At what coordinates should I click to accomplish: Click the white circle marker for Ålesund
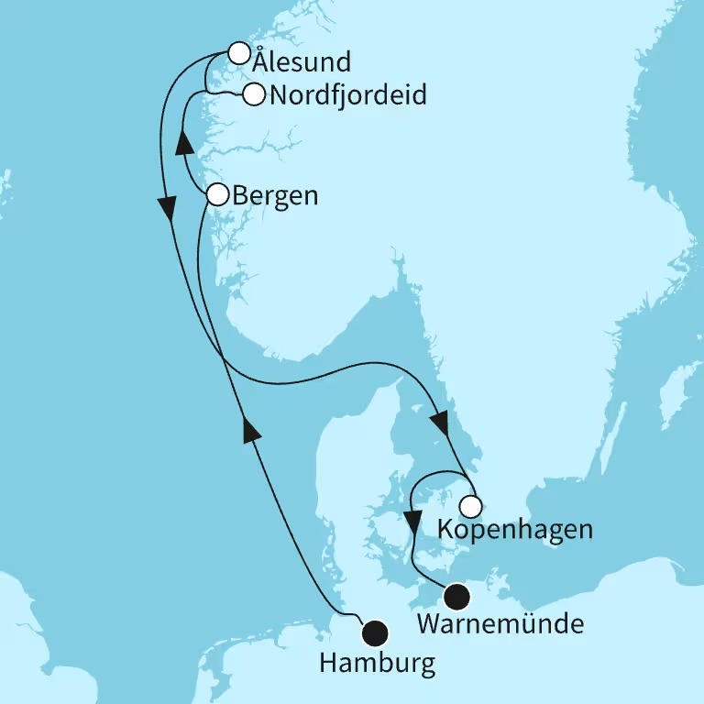click(x=238, y=52)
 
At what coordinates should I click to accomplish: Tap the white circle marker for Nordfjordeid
click(x=254, y=93)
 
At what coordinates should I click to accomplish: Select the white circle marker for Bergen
click(x=218, y=194)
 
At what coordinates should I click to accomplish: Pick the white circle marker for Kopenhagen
click(x=470, y=506)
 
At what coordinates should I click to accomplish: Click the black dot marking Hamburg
click(x=374, y=632)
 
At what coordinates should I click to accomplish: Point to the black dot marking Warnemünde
click(x=456, y=599)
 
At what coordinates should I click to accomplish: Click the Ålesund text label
click(x=302, y=62)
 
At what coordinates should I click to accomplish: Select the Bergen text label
click(x=276, y=195)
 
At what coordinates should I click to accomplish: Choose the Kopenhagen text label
click(x=515, y=530)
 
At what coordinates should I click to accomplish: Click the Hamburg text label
click(x=377, y=664)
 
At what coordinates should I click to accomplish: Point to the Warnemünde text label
click(x=500, y=627)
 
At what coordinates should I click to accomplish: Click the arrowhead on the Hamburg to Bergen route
click(x=247, y=427)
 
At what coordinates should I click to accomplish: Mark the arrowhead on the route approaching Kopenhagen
click(x=439, y=423)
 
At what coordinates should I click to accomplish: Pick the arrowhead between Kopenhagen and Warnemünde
click(x=413, y=523)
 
